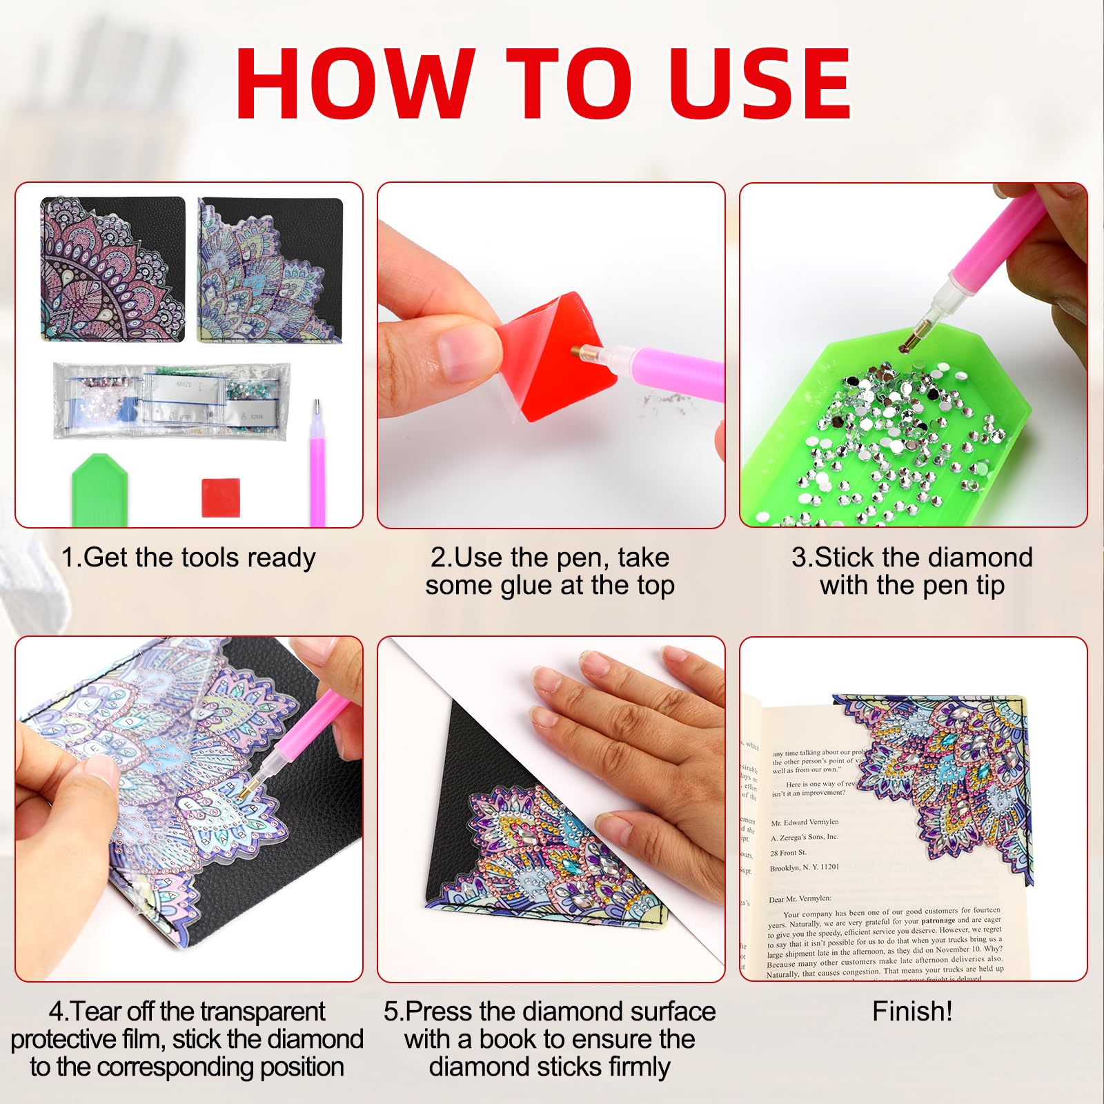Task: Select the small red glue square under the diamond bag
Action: click(x=221, y=497)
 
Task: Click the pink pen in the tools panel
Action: click(x=317, y=469)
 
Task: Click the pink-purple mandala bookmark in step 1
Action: click(x=112, y=269)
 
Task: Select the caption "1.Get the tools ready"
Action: click(x=188, y=558)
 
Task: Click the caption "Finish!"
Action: click(x=912, y=1012)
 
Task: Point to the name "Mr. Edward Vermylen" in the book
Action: click(x=805, y=822)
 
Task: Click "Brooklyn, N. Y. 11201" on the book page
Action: click(x=805, y=867)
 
